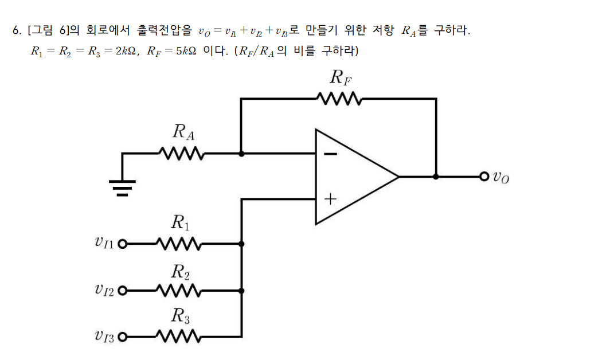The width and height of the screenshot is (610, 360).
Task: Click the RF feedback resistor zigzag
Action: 338,99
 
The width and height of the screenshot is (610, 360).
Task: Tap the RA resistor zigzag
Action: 181,154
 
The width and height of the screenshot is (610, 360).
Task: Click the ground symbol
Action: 122,185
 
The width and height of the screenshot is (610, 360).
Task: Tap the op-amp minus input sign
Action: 330,154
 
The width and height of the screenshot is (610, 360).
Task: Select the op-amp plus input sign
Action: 330,199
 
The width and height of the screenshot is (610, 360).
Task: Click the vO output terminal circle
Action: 484,177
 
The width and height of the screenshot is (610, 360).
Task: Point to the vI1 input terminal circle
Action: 122,244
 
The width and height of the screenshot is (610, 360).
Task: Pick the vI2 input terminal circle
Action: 122,291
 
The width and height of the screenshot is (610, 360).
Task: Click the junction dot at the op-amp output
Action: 436,177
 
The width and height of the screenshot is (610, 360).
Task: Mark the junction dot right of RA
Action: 241,154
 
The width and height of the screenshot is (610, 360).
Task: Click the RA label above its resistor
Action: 183,132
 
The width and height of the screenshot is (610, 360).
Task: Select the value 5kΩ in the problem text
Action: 186,51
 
